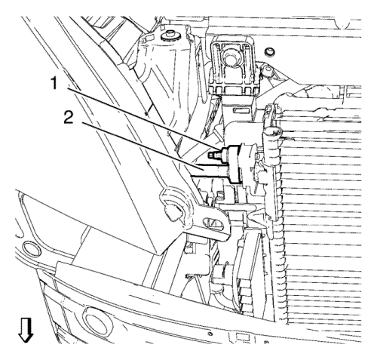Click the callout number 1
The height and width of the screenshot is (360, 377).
[54, 83]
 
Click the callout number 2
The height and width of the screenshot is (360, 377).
[69, 118]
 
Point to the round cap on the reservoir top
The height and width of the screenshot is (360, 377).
[170, 35]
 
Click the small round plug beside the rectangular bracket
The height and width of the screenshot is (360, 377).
[270, 52]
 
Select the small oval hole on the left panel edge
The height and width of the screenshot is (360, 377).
[31, 249]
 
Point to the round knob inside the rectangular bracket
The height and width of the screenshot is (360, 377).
[231, 57]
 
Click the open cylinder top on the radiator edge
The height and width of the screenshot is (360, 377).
[273, 131]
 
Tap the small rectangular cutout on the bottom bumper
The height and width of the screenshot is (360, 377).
[240, 336]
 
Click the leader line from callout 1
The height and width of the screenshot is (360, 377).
[143, 118]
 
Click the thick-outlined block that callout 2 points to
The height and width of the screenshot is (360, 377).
[234, 164]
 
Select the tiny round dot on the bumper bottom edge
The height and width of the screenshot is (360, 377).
[210, 334]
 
